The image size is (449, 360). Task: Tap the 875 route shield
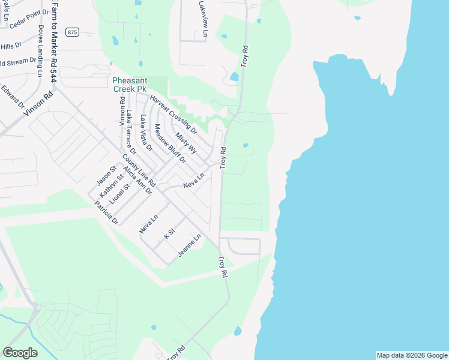[x=73, y=32]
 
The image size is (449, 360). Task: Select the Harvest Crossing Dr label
[x=173, y=113]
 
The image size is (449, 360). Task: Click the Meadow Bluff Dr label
[x=170, y=143]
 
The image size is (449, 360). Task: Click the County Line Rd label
[x=139, y=170]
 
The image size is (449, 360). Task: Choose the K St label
[x=169, y=234]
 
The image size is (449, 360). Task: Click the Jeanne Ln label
[x=189, y=247]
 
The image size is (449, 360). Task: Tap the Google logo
[x=20, y=353]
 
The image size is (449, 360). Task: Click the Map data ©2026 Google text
[x=411, y=355]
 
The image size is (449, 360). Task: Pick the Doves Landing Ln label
[x=41, y=51]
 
